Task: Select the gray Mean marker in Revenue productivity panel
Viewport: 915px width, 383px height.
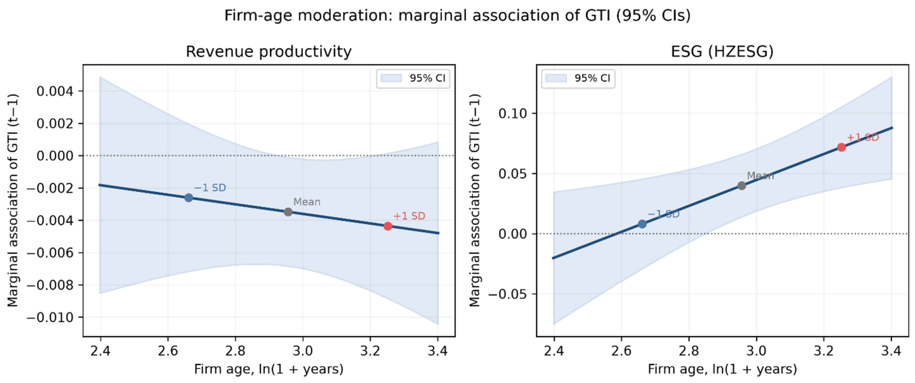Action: [x=288, y=212]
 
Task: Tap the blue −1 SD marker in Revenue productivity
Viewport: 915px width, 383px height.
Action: [x=189, y=198]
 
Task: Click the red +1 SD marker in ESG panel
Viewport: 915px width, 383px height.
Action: [x=841, y=147]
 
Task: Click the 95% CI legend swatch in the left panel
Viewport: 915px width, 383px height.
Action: [x=391, y=78]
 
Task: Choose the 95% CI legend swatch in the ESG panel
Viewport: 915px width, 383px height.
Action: [x=556, y=78]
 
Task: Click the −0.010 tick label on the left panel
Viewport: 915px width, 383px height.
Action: [x=50, y=317]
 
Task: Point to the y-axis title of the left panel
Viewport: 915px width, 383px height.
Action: [x=13, y=201]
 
